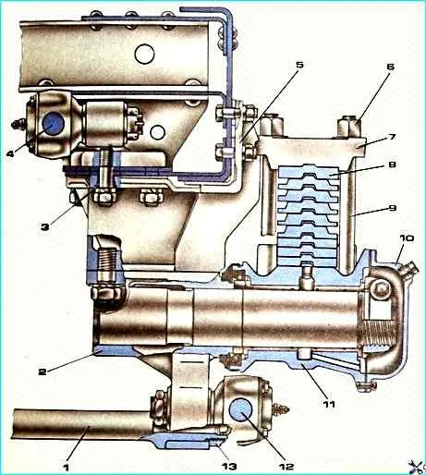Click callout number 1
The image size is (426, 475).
(x=66, y=467)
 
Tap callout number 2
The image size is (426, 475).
(x=43, y=371)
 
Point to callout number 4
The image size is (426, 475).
(x=10, y=153)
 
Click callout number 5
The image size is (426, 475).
(x=299, y=65)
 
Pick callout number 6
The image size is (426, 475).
(x=391, y=67)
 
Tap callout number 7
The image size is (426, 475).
(x=391, y=137)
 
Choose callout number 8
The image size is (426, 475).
(x=392, y=164)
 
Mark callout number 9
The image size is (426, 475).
(x=392, y=208)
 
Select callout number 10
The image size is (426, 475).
(x=408, y=238)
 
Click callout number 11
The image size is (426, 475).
(x=329, y=404)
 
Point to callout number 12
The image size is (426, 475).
(x=286, y=467)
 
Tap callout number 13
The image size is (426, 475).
(x=229, y=467)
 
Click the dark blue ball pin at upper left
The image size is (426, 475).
(x=53, y=124)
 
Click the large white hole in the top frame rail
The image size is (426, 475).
(x=144, y=55)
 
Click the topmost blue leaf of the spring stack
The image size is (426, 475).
(x=309, y=171)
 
